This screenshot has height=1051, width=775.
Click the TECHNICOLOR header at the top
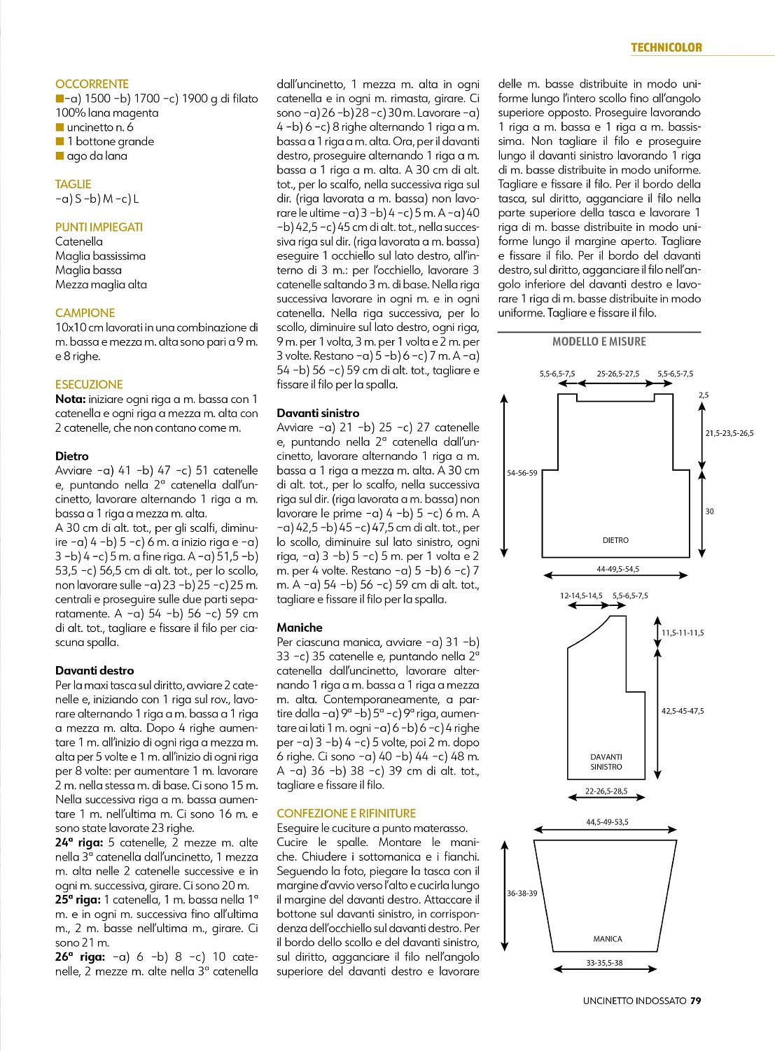coord(666,48)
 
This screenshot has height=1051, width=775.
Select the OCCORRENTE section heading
coord(92,84)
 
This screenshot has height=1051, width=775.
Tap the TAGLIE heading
coord(73,184)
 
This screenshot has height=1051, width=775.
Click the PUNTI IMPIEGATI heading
coord(99,227)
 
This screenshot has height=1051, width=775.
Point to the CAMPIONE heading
coord(85,313)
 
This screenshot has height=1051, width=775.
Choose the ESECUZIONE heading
coord(89,384)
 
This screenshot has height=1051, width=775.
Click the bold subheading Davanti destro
coord(95,670)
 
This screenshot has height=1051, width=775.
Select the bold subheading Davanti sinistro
coord(318,413)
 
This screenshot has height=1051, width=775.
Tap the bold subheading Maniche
coord(300,628)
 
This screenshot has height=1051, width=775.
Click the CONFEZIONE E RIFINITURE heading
coord(346,813)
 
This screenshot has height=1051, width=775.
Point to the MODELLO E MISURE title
coord(599,341)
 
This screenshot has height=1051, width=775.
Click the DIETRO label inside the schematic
coord(615,540)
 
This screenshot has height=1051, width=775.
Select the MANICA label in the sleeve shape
coord(607,939)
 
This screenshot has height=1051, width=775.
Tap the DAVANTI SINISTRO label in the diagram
coord(606,762)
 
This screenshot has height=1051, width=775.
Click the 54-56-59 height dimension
coord(522,473)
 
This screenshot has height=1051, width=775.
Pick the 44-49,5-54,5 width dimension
coord(617,569)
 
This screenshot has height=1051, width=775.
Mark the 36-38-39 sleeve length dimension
coord(522,894)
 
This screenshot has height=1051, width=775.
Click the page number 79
coord(695,1001)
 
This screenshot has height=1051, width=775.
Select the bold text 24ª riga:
coord(79,842)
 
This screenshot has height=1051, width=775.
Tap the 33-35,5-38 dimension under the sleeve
coord(604,963)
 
